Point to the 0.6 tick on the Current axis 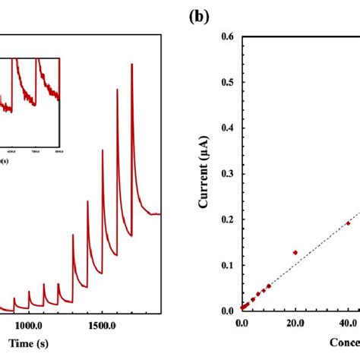[226, 36]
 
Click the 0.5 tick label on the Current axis [226, 82]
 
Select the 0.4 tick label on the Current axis [226, 128]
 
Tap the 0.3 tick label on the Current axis [226, 173]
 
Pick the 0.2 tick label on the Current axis [226, 219]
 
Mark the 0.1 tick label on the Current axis [226, 265]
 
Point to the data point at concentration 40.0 [349, 223]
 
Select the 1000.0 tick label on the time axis [31, 324]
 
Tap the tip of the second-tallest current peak [117, 90]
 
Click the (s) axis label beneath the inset [5, 160]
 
